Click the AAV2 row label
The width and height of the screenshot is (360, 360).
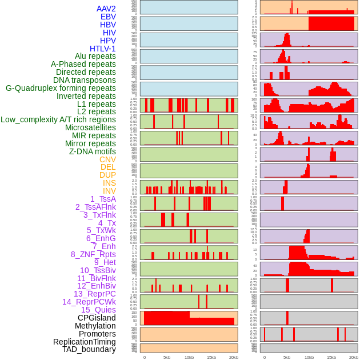(x=106, y=9)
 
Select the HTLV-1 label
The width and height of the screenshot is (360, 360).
(x=102, y=49)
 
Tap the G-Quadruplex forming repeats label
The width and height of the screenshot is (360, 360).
(x=61, y=88)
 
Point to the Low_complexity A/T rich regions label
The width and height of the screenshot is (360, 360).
(x=58, y=119)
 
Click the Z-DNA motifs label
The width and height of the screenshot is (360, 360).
(x=92, y=151)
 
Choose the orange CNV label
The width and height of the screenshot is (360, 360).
(x=107, y=159)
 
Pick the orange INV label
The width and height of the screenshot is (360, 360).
(x=109, y=191)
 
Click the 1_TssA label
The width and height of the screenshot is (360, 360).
(x=103, y=199)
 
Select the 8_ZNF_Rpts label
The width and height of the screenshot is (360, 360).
(x=93, y=254)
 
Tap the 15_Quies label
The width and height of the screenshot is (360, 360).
(x=98, y=310)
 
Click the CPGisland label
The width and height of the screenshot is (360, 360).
(x=97, y=318)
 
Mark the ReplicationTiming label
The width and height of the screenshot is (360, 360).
(x=84, y=342)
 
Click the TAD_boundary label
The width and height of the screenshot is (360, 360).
(x=89, y=349)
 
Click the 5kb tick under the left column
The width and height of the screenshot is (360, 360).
(x=167, y=357)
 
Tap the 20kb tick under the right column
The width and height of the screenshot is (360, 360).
(x=353, y=357)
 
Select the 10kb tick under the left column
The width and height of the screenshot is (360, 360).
(x=189, y=357)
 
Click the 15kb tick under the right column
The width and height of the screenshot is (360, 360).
(x=331, y=357)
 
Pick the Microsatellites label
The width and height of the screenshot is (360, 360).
(x=90, y=127)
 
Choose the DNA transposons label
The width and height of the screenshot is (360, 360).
(x=85, y=80)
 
